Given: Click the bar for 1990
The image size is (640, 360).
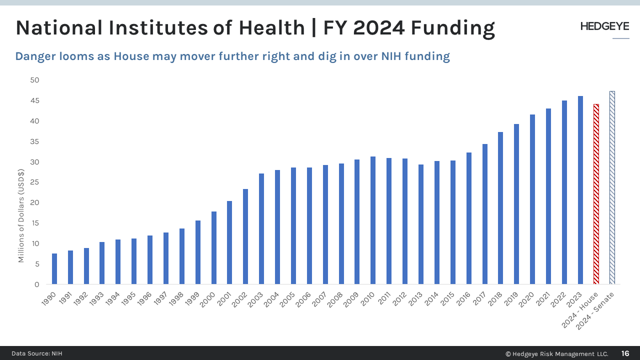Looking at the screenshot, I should click(54, 269).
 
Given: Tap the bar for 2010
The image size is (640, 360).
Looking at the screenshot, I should click(373, 220).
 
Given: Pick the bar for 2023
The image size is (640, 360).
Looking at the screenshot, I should click(580, 190).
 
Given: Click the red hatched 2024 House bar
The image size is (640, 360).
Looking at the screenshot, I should click(596, 194).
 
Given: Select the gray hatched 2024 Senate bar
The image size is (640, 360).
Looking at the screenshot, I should click(612, 188).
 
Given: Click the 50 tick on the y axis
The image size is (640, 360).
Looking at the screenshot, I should click(34, 80).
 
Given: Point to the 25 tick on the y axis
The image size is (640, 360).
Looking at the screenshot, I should click(34, 182).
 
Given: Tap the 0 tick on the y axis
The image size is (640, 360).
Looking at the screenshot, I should click(36, 284).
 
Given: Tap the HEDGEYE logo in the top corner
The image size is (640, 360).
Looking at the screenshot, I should click(604, 27).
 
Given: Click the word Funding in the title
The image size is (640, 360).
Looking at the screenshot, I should click(452, 28).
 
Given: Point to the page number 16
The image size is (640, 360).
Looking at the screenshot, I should click(625, 353).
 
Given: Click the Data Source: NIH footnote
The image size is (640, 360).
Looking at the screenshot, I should click(37, 353).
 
